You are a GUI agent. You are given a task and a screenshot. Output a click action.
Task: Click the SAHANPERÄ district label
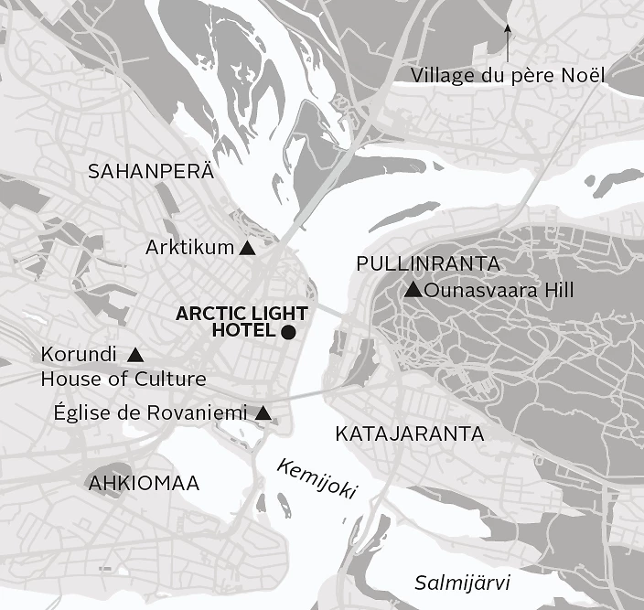(150, 171)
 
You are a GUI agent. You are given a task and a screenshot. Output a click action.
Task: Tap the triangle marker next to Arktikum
(247, 248)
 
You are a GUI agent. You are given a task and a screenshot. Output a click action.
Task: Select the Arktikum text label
(190, 247)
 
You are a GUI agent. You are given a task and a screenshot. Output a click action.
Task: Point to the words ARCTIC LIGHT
(241, 314)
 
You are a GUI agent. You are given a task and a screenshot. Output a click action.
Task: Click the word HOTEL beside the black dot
(243, 331)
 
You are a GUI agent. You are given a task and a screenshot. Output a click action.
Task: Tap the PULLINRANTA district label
(428, 264)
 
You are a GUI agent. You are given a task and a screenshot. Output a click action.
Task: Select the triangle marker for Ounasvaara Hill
(413, 291)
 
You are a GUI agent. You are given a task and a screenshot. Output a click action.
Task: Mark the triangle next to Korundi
(135, 354)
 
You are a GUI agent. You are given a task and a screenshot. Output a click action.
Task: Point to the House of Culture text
(123, 379)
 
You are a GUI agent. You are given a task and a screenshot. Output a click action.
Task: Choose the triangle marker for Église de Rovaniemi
(263, 413)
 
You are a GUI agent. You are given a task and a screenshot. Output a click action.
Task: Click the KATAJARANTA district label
(409, 433)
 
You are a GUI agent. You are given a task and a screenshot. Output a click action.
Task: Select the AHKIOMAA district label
(144, 483)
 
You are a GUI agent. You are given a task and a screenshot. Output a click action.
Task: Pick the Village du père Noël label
(508, 75)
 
